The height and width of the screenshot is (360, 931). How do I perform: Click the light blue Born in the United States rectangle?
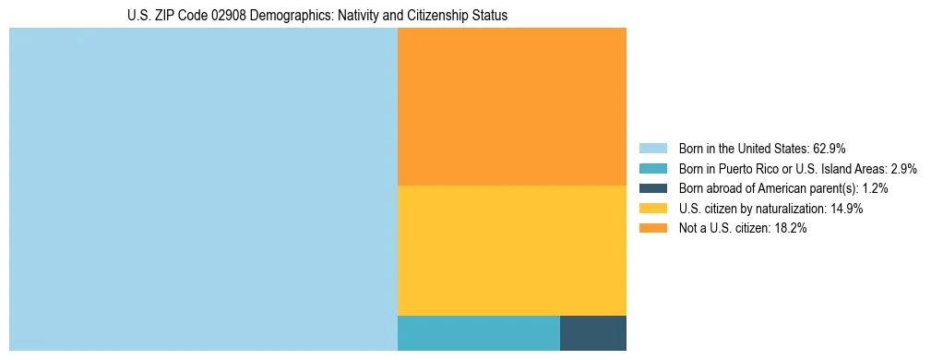203,189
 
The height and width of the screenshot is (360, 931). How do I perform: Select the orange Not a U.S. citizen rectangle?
511,106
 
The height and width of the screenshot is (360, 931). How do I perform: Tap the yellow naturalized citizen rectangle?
511,250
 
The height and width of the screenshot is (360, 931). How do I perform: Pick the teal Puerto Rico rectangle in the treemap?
478,332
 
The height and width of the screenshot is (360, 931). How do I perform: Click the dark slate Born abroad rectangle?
592,332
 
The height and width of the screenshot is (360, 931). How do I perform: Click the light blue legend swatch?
652,148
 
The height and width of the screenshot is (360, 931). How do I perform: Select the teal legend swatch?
652,168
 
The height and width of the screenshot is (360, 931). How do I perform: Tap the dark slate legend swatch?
652,188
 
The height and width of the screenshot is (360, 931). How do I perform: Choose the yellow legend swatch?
652,209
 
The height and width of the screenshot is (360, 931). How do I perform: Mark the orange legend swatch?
652,228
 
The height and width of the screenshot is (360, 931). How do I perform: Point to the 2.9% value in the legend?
903,168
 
